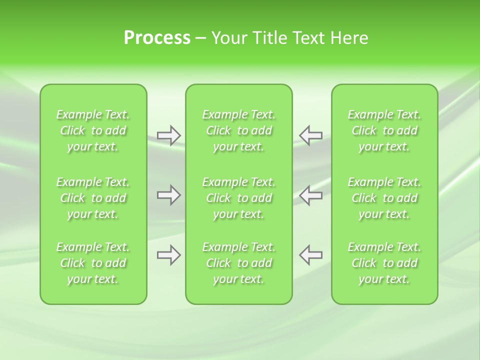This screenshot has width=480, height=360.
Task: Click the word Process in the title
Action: point(157,38)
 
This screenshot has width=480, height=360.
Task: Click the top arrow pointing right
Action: point(168,135)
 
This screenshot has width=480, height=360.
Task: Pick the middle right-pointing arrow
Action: point(168,195)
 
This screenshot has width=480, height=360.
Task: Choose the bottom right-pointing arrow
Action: point(168,255)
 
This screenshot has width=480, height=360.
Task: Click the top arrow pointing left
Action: point(311,135)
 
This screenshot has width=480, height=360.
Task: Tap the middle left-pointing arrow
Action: point(311,195)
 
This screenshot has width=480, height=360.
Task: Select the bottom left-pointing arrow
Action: point(311,255)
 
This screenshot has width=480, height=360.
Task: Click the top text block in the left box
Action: point(93,130)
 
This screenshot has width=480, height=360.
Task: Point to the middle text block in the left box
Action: point(93,198)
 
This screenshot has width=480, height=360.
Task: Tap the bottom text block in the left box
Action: point(93,263)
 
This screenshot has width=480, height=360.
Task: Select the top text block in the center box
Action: point(239,130)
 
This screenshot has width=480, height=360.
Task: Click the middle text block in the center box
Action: point(239,198)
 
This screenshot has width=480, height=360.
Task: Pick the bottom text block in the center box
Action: point(239,263)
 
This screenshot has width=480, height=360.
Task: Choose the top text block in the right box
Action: point(384,130)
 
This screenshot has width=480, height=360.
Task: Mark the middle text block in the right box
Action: point(384,198)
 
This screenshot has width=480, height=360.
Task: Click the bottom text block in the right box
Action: point(384,263)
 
